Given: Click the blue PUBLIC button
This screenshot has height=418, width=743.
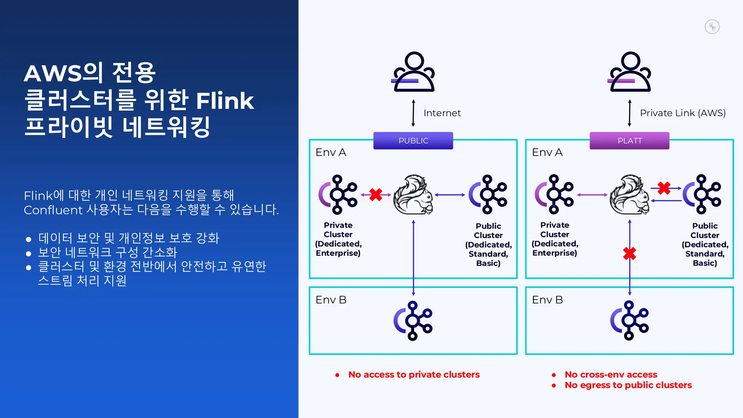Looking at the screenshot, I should (x=413, y=141).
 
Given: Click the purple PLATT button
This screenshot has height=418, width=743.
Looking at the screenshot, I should (x=629, y=141).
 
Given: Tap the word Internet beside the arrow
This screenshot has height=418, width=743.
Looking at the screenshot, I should (x=442, y=113).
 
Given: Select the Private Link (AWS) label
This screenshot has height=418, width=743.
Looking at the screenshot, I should (x=682, y=113).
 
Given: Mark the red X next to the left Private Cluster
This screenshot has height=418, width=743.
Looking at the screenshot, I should (x=376, y=195).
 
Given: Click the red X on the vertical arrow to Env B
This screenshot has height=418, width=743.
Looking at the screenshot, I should (x=629, y=253).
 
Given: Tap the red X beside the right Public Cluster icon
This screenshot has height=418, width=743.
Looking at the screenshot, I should (x=664, y=188).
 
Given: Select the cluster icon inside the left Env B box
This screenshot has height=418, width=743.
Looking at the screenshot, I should (x=413, y=321).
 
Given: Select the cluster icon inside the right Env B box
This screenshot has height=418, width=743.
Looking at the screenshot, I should (x=629, y=321).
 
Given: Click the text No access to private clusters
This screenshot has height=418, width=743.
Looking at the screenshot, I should (x=414, y=374).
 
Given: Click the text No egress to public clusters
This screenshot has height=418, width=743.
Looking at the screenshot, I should (x=628, y=385).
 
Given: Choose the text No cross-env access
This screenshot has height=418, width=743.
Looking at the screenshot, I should (x=611, y=374).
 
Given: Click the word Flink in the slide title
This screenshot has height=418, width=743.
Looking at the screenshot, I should (x=225, y=101).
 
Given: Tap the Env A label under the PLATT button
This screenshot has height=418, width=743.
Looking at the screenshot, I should (x=547, y=152).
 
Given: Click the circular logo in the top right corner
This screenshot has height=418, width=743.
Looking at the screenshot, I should (x=712, y=27).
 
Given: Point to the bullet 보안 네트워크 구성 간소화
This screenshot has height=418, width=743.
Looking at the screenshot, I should (x=107, y=252).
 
